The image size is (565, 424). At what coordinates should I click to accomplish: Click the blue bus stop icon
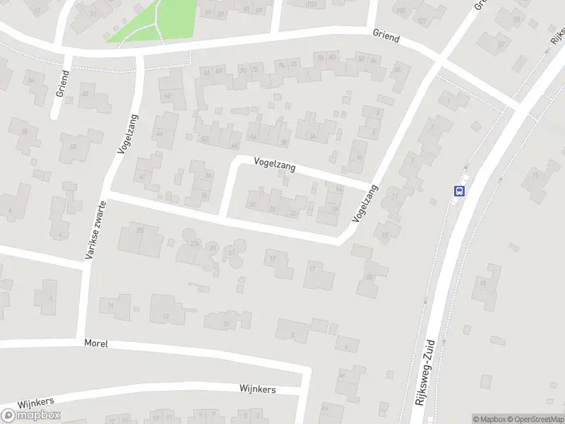459,190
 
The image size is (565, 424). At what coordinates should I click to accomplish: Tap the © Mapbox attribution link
487,419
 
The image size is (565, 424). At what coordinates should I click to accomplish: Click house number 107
422,20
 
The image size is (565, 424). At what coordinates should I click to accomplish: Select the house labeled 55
518,20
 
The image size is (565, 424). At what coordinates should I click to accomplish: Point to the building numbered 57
502,44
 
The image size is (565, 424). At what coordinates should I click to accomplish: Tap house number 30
252,204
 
